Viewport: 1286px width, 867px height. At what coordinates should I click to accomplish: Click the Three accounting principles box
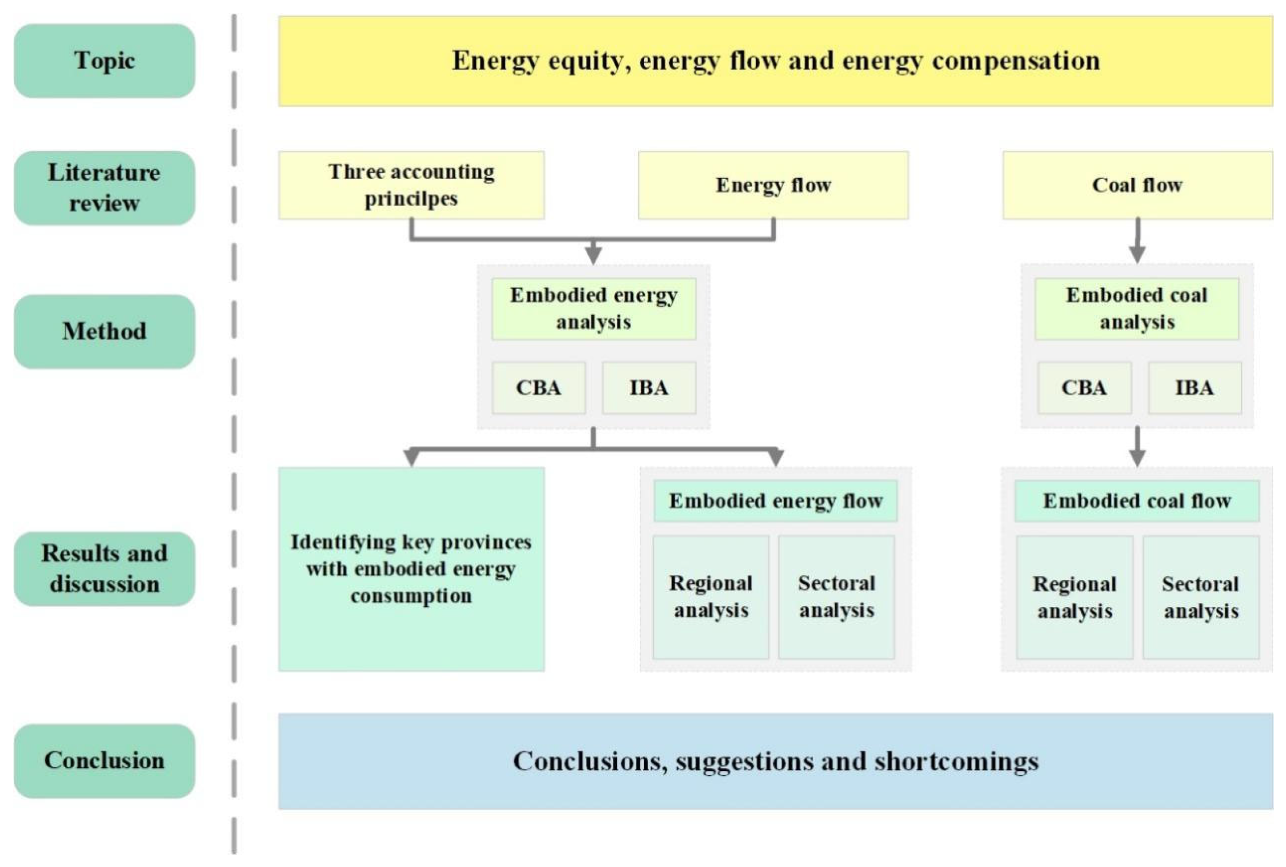tap(411, 185)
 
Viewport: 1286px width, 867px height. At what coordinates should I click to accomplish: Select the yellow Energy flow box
tap(773, 185)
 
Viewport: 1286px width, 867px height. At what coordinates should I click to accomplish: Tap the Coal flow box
tap(1137, 185)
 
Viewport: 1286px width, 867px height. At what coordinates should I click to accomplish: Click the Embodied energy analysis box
tap(593, 309)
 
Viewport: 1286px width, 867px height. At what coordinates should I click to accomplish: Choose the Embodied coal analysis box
tap(1137, 309)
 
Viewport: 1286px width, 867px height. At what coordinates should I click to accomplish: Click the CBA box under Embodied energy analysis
tap(539, 387)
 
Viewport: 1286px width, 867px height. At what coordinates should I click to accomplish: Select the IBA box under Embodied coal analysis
tap(1194, 387)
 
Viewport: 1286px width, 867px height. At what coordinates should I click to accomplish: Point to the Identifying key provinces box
tap(411, 569)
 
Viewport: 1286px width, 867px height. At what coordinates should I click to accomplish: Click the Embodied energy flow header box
tap(775, 501)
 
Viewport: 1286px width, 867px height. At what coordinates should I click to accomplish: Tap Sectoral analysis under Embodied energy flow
tap(836, 597)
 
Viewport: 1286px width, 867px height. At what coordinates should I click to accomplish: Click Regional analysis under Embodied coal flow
tap(1074, 597)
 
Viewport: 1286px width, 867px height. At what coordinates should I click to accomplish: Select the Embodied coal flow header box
tap(1137, 501)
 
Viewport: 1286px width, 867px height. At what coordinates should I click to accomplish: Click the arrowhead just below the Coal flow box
tap(1137, 254)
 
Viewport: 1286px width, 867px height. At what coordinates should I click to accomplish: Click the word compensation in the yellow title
tap(1016, 61)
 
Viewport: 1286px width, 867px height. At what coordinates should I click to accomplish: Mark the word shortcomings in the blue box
tap(957, 762)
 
